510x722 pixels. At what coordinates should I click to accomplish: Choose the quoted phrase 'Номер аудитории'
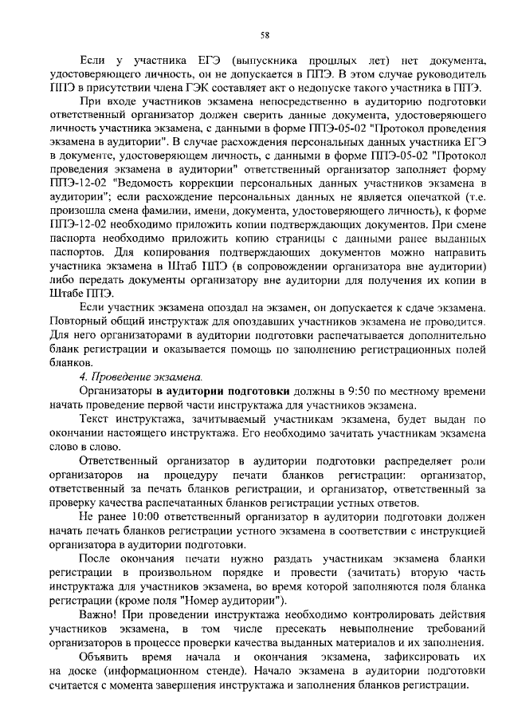point(235,600)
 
